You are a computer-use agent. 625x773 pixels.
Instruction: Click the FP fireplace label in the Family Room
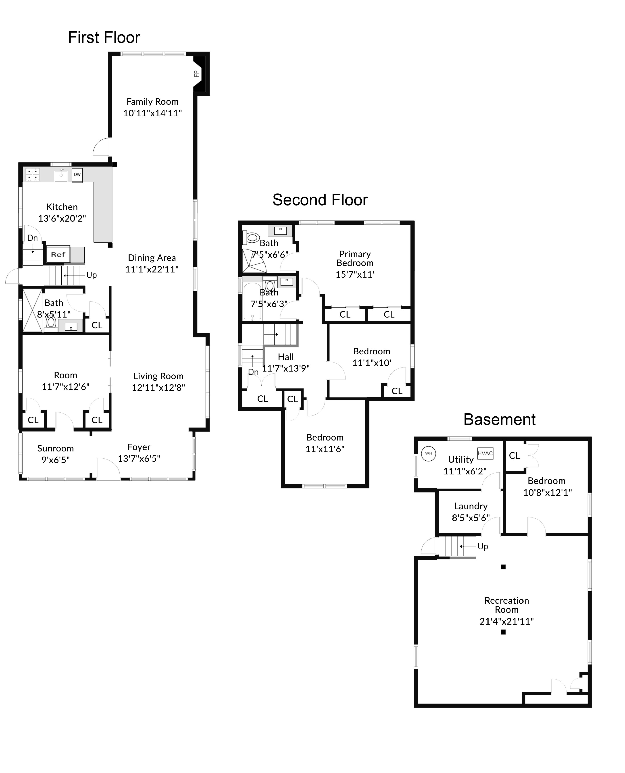[x=196, y=74]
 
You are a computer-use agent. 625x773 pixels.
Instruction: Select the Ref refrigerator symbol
[x=58, y=254]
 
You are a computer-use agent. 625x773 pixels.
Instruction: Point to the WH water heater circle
[x=428, y=453]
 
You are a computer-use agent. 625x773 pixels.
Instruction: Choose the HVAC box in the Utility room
[x=485, y=453]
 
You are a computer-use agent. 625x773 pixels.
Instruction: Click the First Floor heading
[x=104, y=37]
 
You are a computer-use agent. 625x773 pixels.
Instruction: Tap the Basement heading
[x=499, y=420]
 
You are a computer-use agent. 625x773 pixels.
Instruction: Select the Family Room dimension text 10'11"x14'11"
[x=153, y=113]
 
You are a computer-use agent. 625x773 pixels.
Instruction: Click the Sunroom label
[x=55, y=448]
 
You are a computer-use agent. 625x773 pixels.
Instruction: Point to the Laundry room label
[x=471, y=506]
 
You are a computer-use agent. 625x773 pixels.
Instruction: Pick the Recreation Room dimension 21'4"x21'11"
[x=506, y=621]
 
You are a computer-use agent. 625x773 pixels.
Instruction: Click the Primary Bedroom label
[x=355, y=258]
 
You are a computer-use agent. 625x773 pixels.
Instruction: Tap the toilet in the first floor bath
[x=51, y=323]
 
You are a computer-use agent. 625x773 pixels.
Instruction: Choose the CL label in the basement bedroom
[x=515, y=456]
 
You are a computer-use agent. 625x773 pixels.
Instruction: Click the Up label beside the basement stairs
[x=483, y=547]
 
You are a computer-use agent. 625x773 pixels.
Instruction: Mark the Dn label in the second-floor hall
[x=253, y=372]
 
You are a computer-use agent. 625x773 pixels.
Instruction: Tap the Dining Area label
[x=152, y=258]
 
